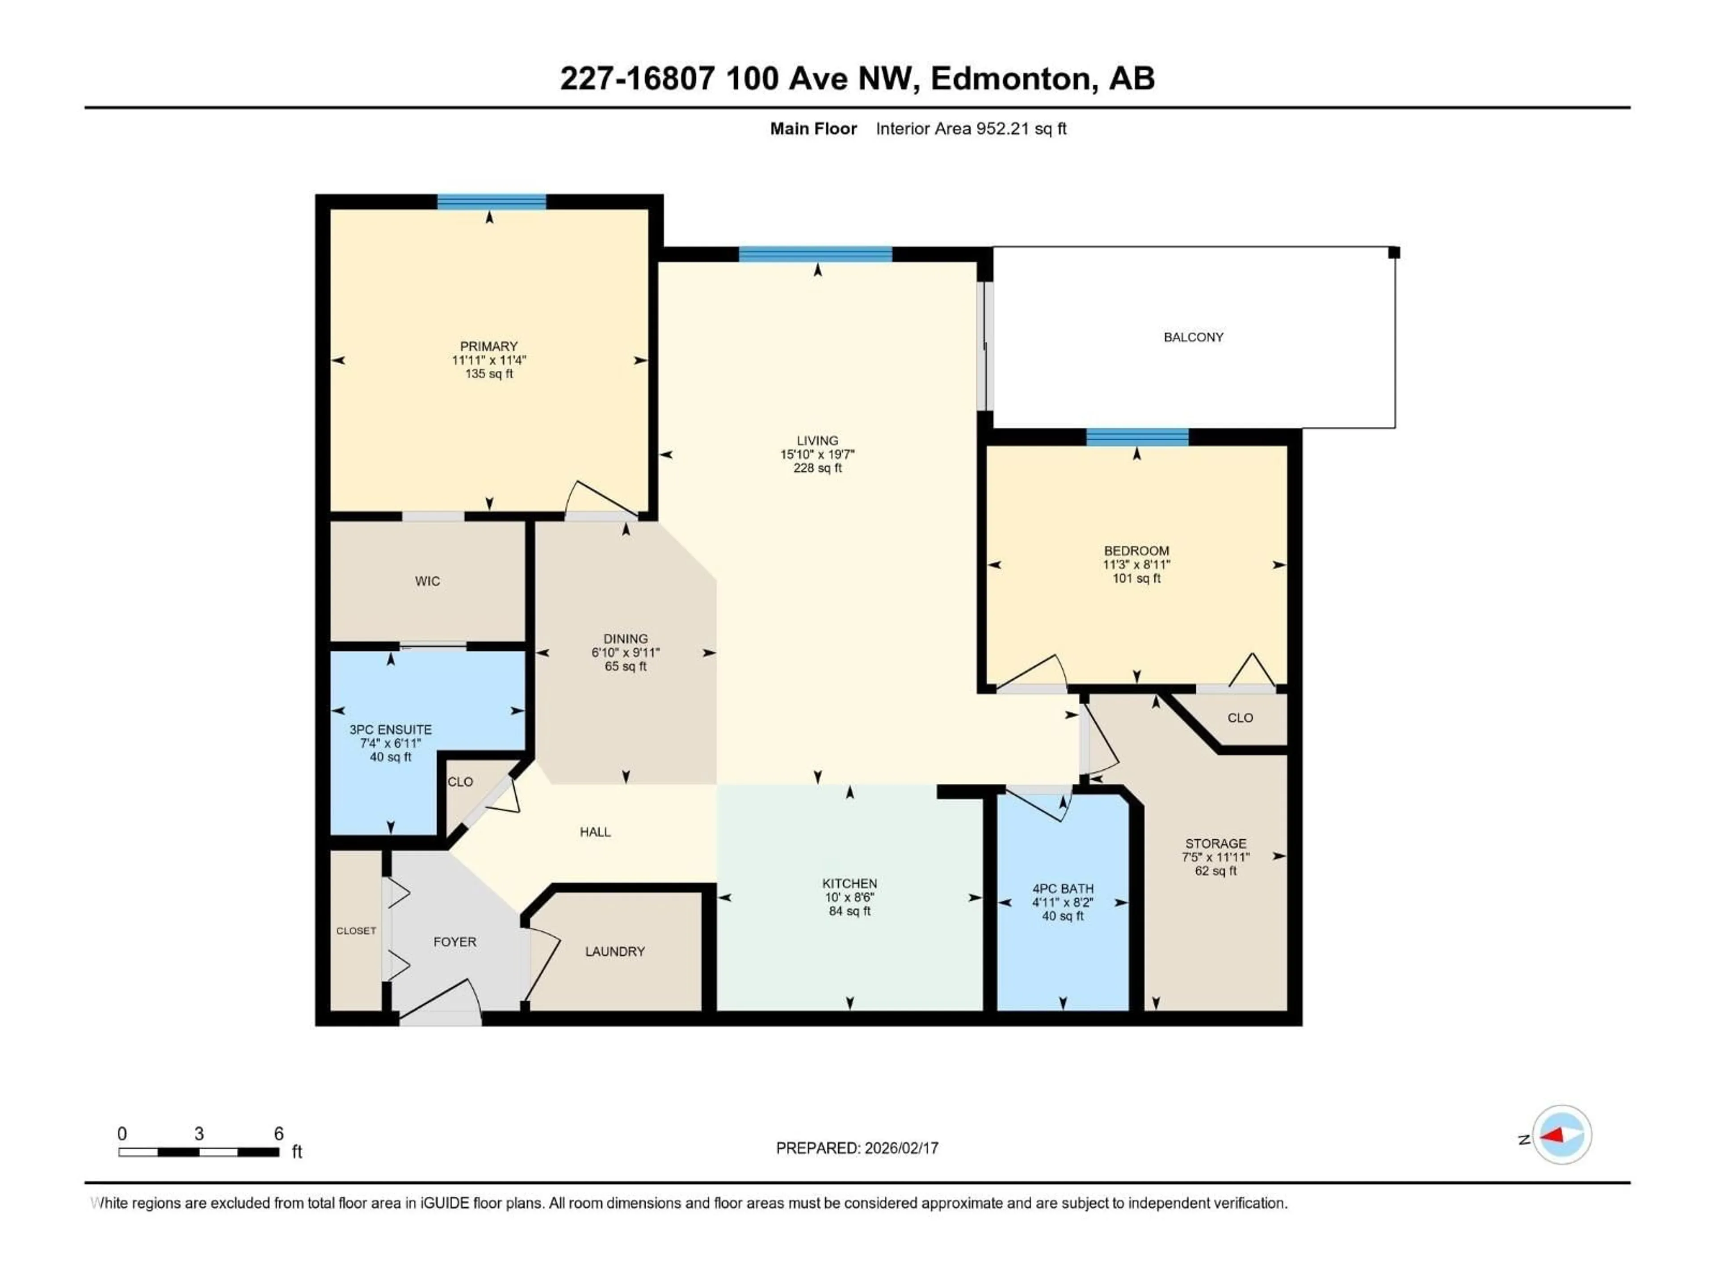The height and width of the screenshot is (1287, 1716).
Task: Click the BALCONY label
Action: [x=1193, y=336]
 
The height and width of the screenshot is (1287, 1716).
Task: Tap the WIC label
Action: [x=428, y=581]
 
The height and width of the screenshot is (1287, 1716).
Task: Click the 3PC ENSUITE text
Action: [x=390, y=729]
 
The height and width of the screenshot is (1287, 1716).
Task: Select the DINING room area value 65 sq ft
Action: [x=625, y=666]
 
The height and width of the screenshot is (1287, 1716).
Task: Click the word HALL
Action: [x=595, y=832]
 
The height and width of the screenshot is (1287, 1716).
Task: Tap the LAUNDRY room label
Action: [x=614, y=951]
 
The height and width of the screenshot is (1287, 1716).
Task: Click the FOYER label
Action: [x=454, y=942]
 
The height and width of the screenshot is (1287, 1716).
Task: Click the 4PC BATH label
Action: [x=1062, y=888]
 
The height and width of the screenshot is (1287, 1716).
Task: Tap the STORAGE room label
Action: [x=1215, y=843]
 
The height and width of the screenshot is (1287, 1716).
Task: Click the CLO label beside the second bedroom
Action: [x=1240, y=718]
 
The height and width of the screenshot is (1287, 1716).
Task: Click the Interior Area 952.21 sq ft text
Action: [x=971, y=129]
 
